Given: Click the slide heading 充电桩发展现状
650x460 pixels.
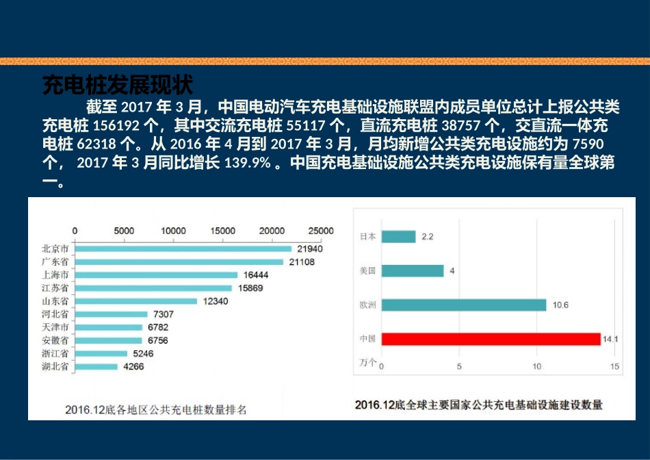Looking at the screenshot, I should (x=118, y=86).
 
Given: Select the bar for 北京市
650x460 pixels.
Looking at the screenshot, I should (x=183, y=248).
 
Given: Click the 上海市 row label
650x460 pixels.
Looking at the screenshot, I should (x=55, y=274).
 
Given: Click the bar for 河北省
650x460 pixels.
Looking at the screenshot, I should (x=111, y=314).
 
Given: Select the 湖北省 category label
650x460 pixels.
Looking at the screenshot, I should (x=55, y=367).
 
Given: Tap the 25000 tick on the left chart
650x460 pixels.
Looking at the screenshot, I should (x=322, y=231).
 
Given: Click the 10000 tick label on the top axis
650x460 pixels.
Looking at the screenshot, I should (x=174, y=231).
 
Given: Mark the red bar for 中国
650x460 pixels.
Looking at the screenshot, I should (x=491, y=339).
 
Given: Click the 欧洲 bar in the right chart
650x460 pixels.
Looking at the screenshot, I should (x=464, y=305).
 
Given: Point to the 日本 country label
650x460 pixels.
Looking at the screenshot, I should (x=367, y=237).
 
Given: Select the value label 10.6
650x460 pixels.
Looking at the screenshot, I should (x=560, y=305).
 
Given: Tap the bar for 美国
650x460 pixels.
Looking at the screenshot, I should (x=413, y=270).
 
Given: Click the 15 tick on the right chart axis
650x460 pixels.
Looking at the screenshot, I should (x=614, y=367).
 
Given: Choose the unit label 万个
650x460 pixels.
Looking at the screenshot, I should (x=367, y=363).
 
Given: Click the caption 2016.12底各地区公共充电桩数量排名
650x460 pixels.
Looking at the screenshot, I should (x=155, y=410).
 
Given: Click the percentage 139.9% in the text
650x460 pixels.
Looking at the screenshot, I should (x=247, y=164).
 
